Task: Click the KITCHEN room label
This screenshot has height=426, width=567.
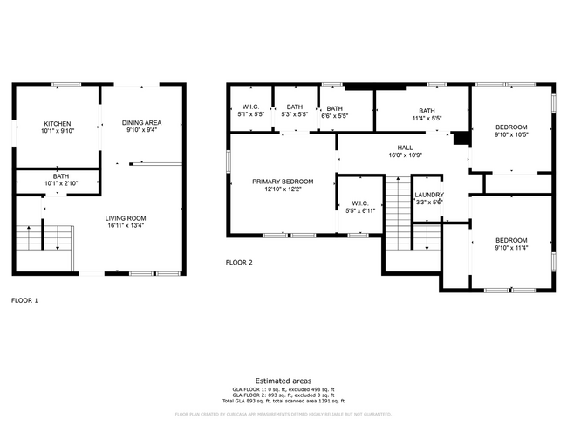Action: (x=57, y=124)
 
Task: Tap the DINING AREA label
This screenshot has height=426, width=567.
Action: (x=141, y=124)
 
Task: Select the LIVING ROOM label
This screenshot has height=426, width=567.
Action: (x=126, y=218)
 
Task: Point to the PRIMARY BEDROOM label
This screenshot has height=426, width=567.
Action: (x=282, y=182)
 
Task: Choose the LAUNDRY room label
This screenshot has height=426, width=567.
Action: (x=428, y=195)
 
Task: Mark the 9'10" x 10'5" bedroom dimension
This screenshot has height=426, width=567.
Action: (x=511, y=134)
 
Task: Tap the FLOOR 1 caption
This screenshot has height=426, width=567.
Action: (x=24, y=300)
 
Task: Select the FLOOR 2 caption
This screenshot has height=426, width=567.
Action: (x=239, y=262)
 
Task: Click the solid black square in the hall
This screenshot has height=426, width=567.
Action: (x=461, y=139)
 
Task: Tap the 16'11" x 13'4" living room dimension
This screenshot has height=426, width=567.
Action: (x=126, y=226)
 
